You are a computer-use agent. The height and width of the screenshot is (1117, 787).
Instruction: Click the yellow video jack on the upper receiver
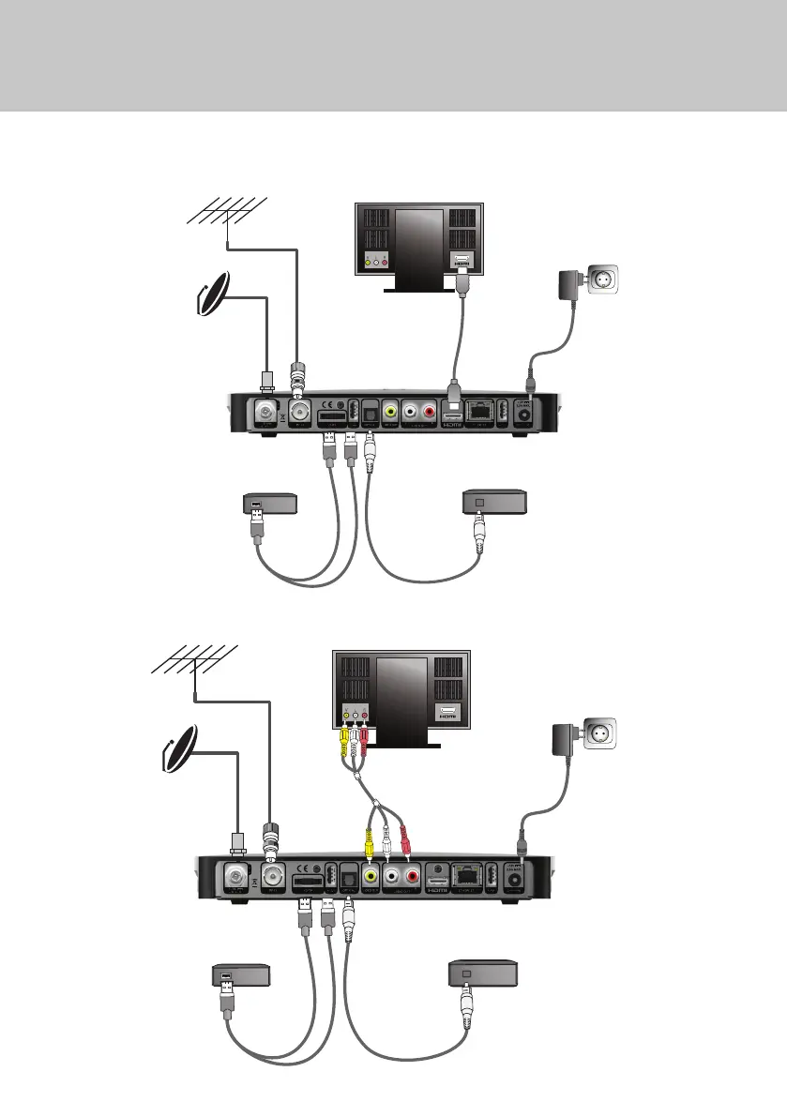point(389,412)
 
